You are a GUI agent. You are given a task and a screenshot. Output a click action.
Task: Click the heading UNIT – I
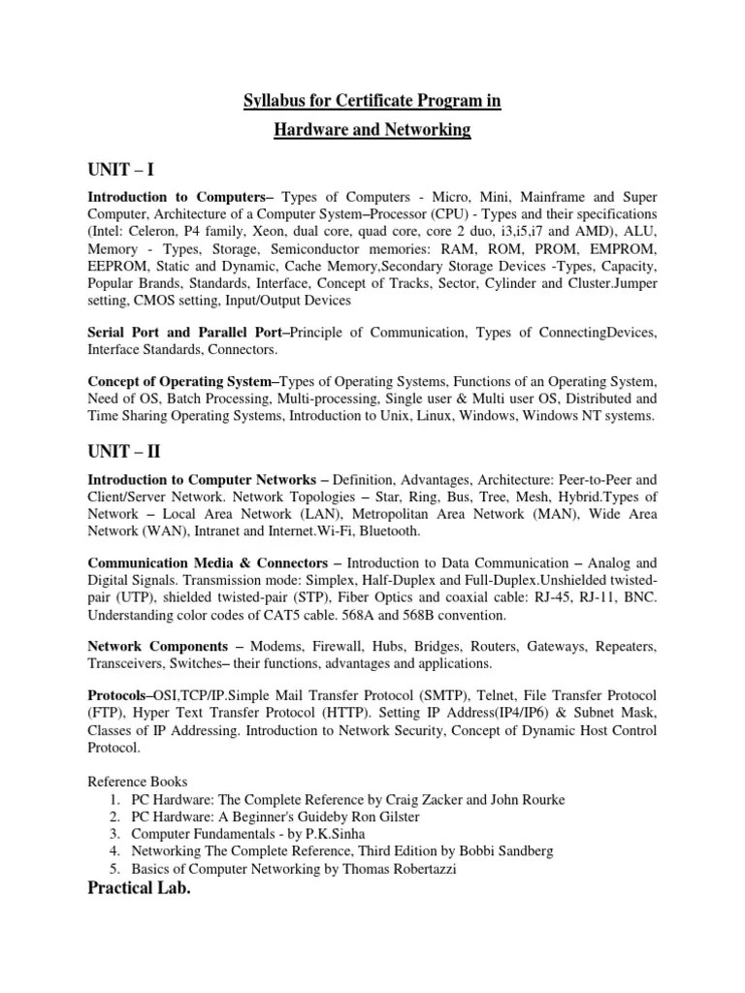point(121,171)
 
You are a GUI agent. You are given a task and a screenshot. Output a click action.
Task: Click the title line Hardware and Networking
point(372,129)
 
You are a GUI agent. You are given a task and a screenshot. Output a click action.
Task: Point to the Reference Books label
point(138,781)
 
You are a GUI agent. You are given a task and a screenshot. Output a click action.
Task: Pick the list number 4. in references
point(115,850)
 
